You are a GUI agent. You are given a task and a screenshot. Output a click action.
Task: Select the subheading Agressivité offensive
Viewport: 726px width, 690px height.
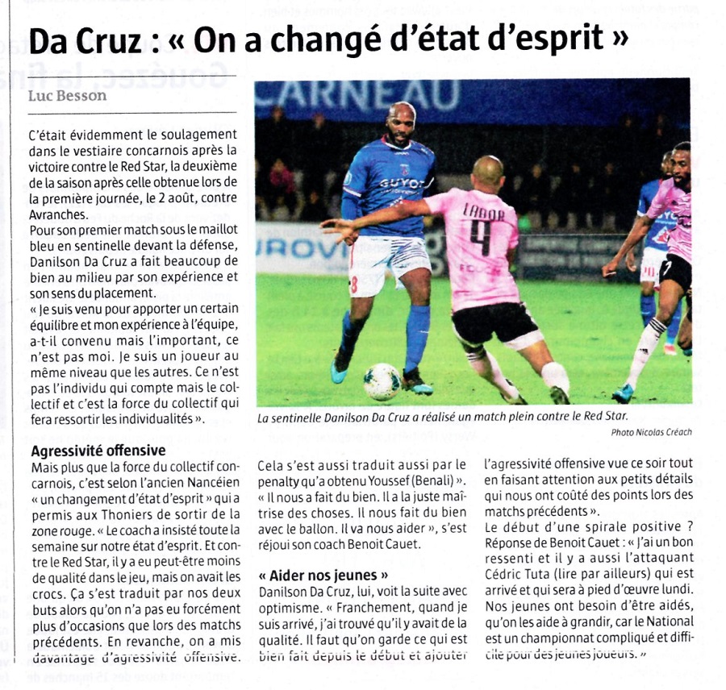click(x=98, y=451)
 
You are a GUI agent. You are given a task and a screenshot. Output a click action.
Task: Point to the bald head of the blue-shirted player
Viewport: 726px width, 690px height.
click(x=402, y=113)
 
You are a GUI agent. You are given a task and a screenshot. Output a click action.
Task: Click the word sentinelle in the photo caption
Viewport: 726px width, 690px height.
click(x=304, y=418)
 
